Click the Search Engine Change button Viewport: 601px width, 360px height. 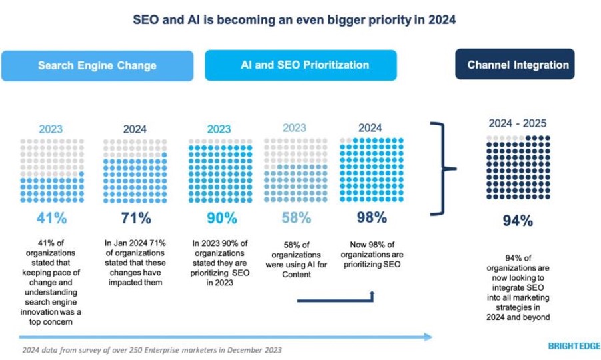[x=97, y=65]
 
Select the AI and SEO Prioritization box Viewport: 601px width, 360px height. [x=300, y=65]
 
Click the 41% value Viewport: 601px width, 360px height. [x=51, y=218]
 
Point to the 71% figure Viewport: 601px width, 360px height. [x=135, y=218]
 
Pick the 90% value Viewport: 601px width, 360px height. [x=221, y=218]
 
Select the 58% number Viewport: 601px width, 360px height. [x=296, y=218]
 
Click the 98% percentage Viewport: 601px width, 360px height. [x=372, y=218]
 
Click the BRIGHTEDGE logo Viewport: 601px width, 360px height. [x=574, y=346]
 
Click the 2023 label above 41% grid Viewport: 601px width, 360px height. [x=51, y=129]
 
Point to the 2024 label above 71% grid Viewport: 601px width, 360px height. [x=135, y=129]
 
